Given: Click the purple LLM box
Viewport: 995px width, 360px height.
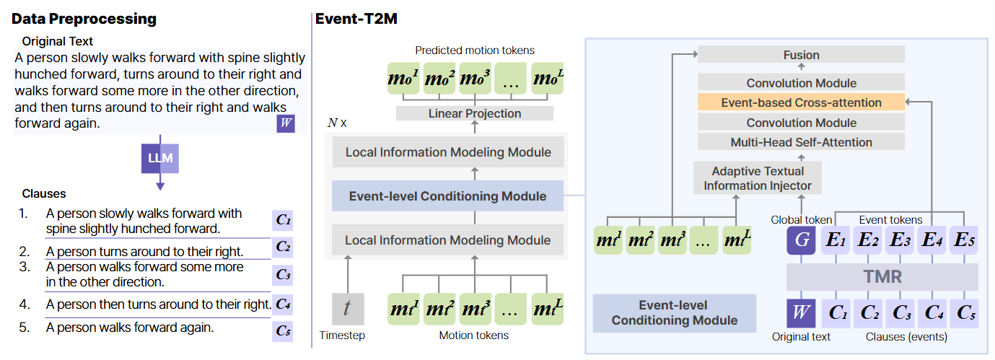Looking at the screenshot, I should pos(160,158).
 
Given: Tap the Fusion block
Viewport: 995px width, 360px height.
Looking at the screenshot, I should pos(801,55).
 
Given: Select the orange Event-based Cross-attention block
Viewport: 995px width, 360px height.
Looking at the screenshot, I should pos(801,102).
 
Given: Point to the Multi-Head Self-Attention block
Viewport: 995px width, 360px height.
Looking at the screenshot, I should pos(801,142).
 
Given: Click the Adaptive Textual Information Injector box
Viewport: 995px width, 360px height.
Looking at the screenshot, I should pos(758,178).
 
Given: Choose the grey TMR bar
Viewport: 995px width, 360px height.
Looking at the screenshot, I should pos(882,276).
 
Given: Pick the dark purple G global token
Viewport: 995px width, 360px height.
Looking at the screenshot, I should pos(801,240).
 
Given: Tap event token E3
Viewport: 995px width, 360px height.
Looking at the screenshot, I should pos(900,240).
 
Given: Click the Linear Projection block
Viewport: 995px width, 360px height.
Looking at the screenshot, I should pos(475,113).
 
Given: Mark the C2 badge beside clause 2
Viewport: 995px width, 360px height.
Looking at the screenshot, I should pos(283,247).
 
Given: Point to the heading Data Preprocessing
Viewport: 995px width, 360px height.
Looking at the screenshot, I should pos(84,19).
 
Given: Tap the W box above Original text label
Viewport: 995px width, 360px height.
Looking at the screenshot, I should pos(801,314).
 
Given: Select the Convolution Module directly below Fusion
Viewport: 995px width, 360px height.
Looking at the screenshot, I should pos(801,83).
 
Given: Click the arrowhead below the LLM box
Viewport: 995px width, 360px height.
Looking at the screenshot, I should pos(160,186).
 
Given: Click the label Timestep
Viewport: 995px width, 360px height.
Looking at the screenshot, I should pos(342,335).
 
